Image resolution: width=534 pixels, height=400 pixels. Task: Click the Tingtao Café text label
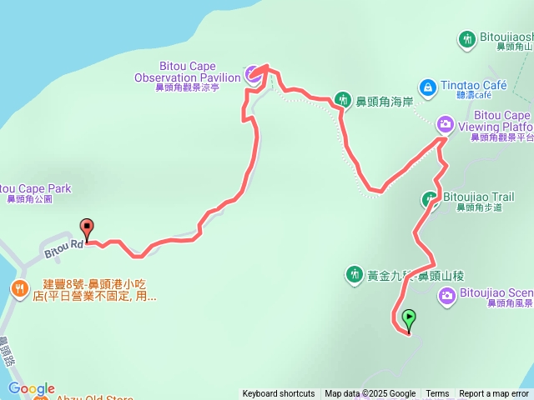tap(473, 86)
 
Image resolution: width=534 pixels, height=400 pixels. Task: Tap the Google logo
tap(32, 388)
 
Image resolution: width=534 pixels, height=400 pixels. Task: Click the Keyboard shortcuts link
tap(279, 394)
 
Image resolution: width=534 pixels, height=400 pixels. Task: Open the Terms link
tap(437, 394)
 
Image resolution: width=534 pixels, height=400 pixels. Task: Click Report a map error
tap(494, 394)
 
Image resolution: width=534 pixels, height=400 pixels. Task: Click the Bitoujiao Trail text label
tap(478, 197)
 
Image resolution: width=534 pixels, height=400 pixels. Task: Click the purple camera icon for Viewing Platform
tap(446, 125)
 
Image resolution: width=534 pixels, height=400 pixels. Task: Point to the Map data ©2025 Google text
tap(370, 394)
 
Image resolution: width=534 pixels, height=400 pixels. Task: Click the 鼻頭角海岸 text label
tap(385, 102)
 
